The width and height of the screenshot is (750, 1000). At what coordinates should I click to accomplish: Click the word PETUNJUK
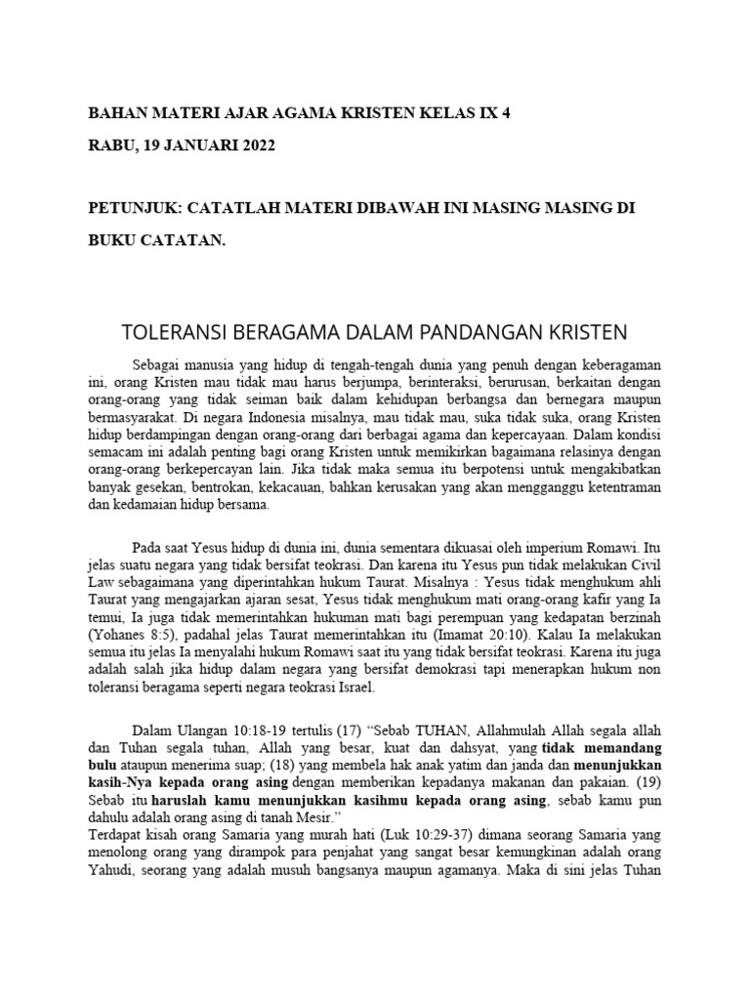(x=131, y=209)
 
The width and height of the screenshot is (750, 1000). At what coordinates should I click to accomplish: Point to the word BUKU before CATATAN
(x=113, y=240)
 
